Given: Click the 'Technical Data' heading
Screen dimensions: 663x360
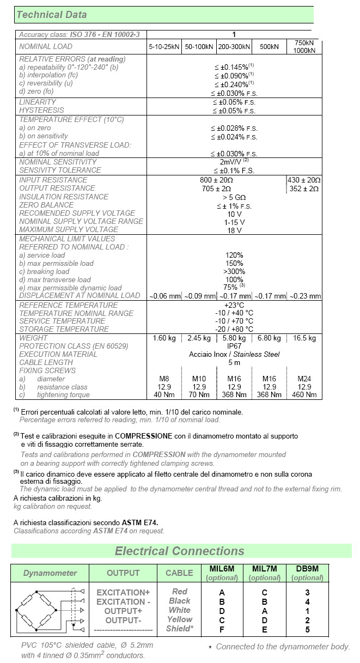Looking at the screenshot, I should tap(52, 15).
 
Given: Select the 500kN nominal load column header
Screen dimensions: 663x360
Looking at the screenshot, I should tap(269, 47).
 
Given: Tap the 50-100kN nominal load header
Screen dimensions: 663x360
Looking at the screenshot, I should tap(199, 47).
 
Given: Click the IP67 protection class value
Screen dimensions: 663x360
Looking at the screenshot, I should tap(234, 346).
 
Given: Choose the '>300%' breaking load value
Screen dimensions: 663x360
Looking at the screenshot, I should tap(234, 271).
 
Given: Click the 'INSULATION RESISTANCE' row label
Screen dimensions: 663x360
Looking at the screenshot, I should tap(64, 197).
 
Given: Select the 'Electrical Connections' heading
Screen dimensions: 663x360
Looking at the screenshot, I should tap(179, 551).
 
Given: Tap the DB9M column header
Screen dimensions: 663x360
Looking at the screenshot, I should tap(308, 569).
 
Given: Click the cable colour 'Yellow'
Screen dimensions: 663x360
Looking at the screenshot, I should tap(180, 619).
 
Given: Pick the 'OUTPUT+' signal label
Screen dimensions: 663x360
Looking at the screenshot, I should tap(123, 611).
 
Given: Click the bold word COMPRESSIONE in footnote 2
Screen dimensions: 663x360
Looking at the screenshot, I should tap(143, 436).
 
